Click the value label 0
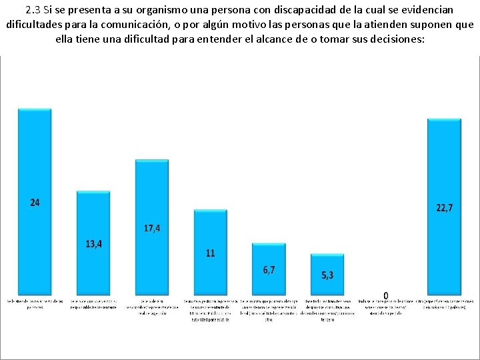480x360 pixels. [386, 295]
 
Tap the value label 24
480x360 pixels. [35, 202]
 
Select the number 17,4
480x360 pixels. [152, 228]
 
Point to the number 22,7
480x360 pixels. [444, 208]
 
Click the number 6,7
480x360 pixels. [269, 269]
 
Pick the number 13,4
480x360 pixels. [94, 243]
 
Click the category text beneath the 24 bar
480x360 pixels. [35, 304]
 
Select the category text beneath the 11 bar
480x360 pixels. [210, 310]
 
